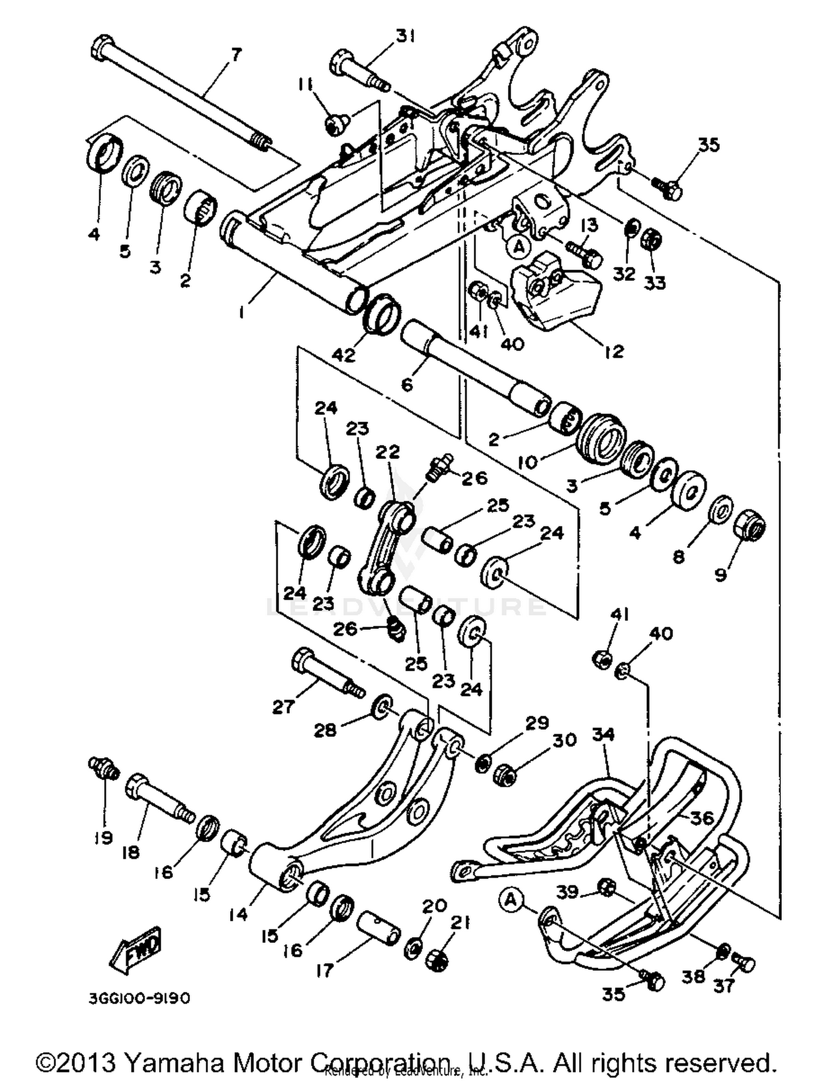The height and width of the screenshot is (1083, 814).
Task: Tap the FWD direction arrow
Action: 136,949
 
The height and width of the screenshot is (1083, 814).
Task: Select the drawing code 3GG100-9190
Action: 139,999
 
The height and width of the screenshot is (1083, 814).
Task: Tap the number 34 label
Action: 603,735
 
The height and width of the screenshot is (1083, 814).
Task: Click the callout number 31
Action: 405,36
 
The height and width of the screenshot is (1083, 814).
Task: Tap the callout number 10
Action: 527,462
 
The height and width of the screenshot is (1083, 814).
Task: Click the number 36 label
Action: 701,818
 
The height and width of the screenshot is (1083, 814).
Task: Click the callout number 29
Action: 537,723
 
